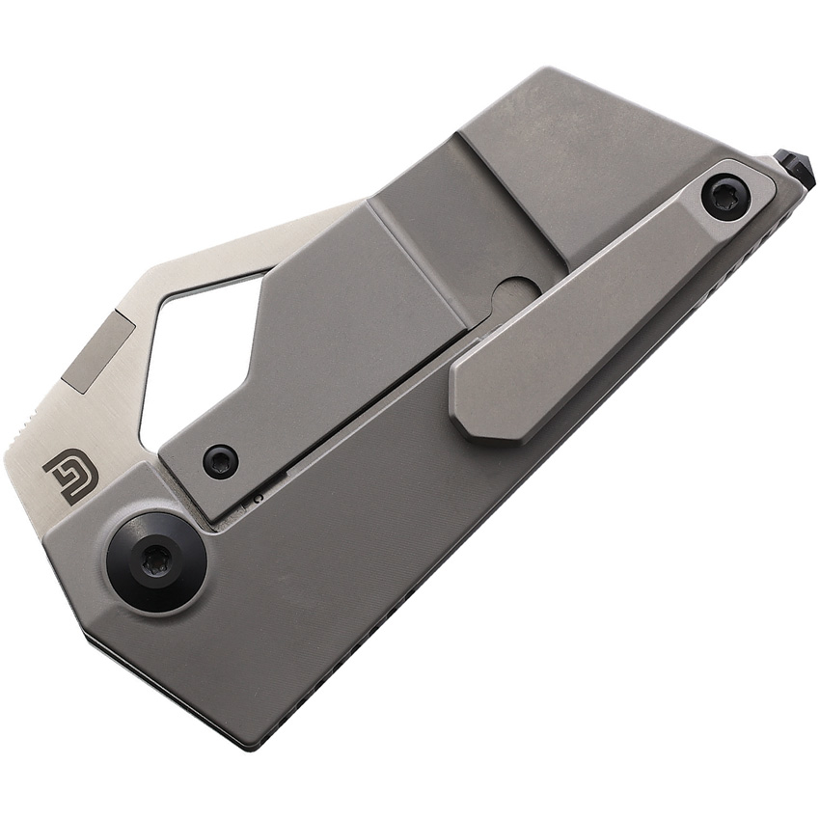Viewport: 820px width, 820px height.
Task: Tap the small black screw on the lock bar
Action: (220, 460)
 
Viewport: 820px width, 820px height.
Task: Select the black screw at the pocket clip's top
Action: (725, 197)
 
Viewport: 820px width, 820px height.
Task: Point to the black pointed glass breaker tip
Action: (796, 168)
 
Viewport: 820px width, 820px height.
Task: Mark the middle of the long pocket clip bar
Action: (598, 299)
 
